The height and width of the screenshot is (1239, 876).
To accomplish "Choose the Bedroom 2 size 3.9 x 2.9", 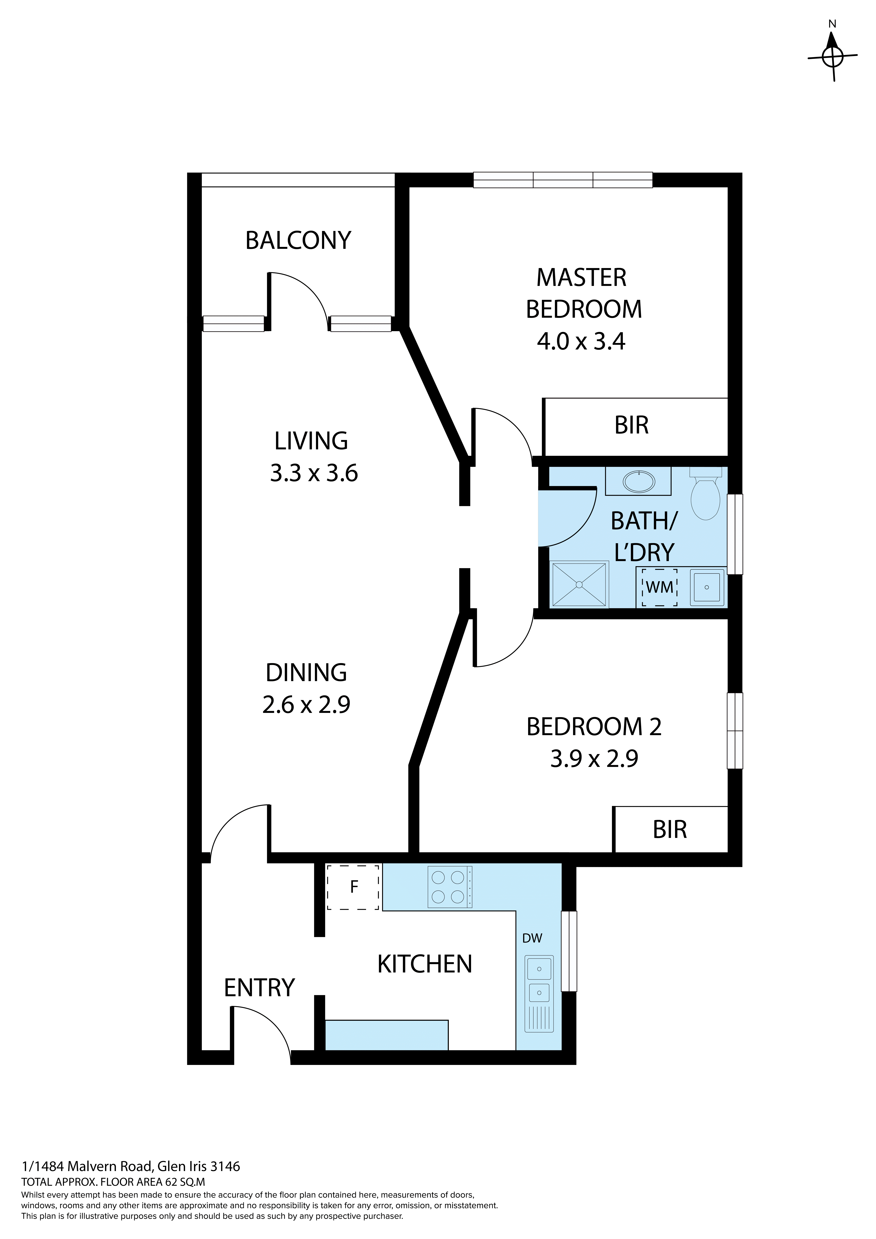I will pyautogui.click(x=594, y=759).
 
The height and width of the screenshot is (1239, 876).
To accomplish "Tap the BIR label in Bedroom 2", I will pyautogui.click(x=669, y=830).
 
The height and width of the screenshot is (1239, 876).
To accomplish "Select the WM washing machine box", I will pyautogui.click(x=659, y=587).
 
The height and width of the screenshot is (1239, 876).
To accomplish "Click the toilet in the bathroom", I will pyautogui.click(x=706, y=496).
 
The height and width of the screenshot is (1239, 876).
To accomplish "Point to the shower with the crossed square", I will pyautogui.click(x=579, y=584).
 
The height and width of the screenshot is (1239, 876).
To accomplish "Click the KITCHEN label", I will pyautogui.click(x=424, y=964).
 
